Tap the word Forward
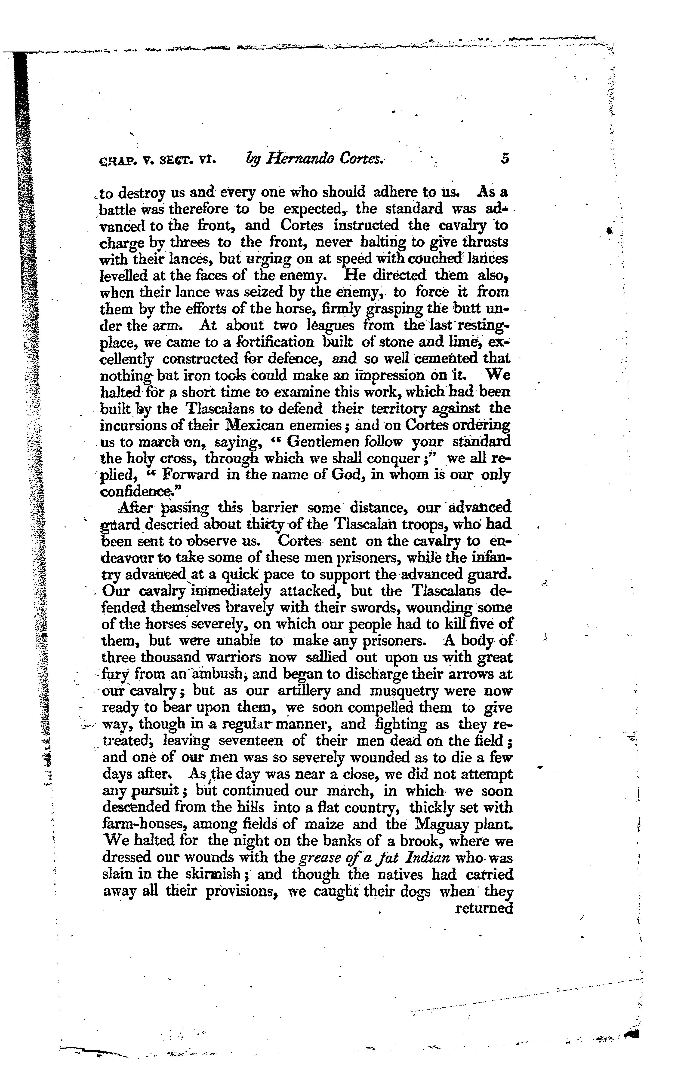pyautogui.click(x=190, y=474)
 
